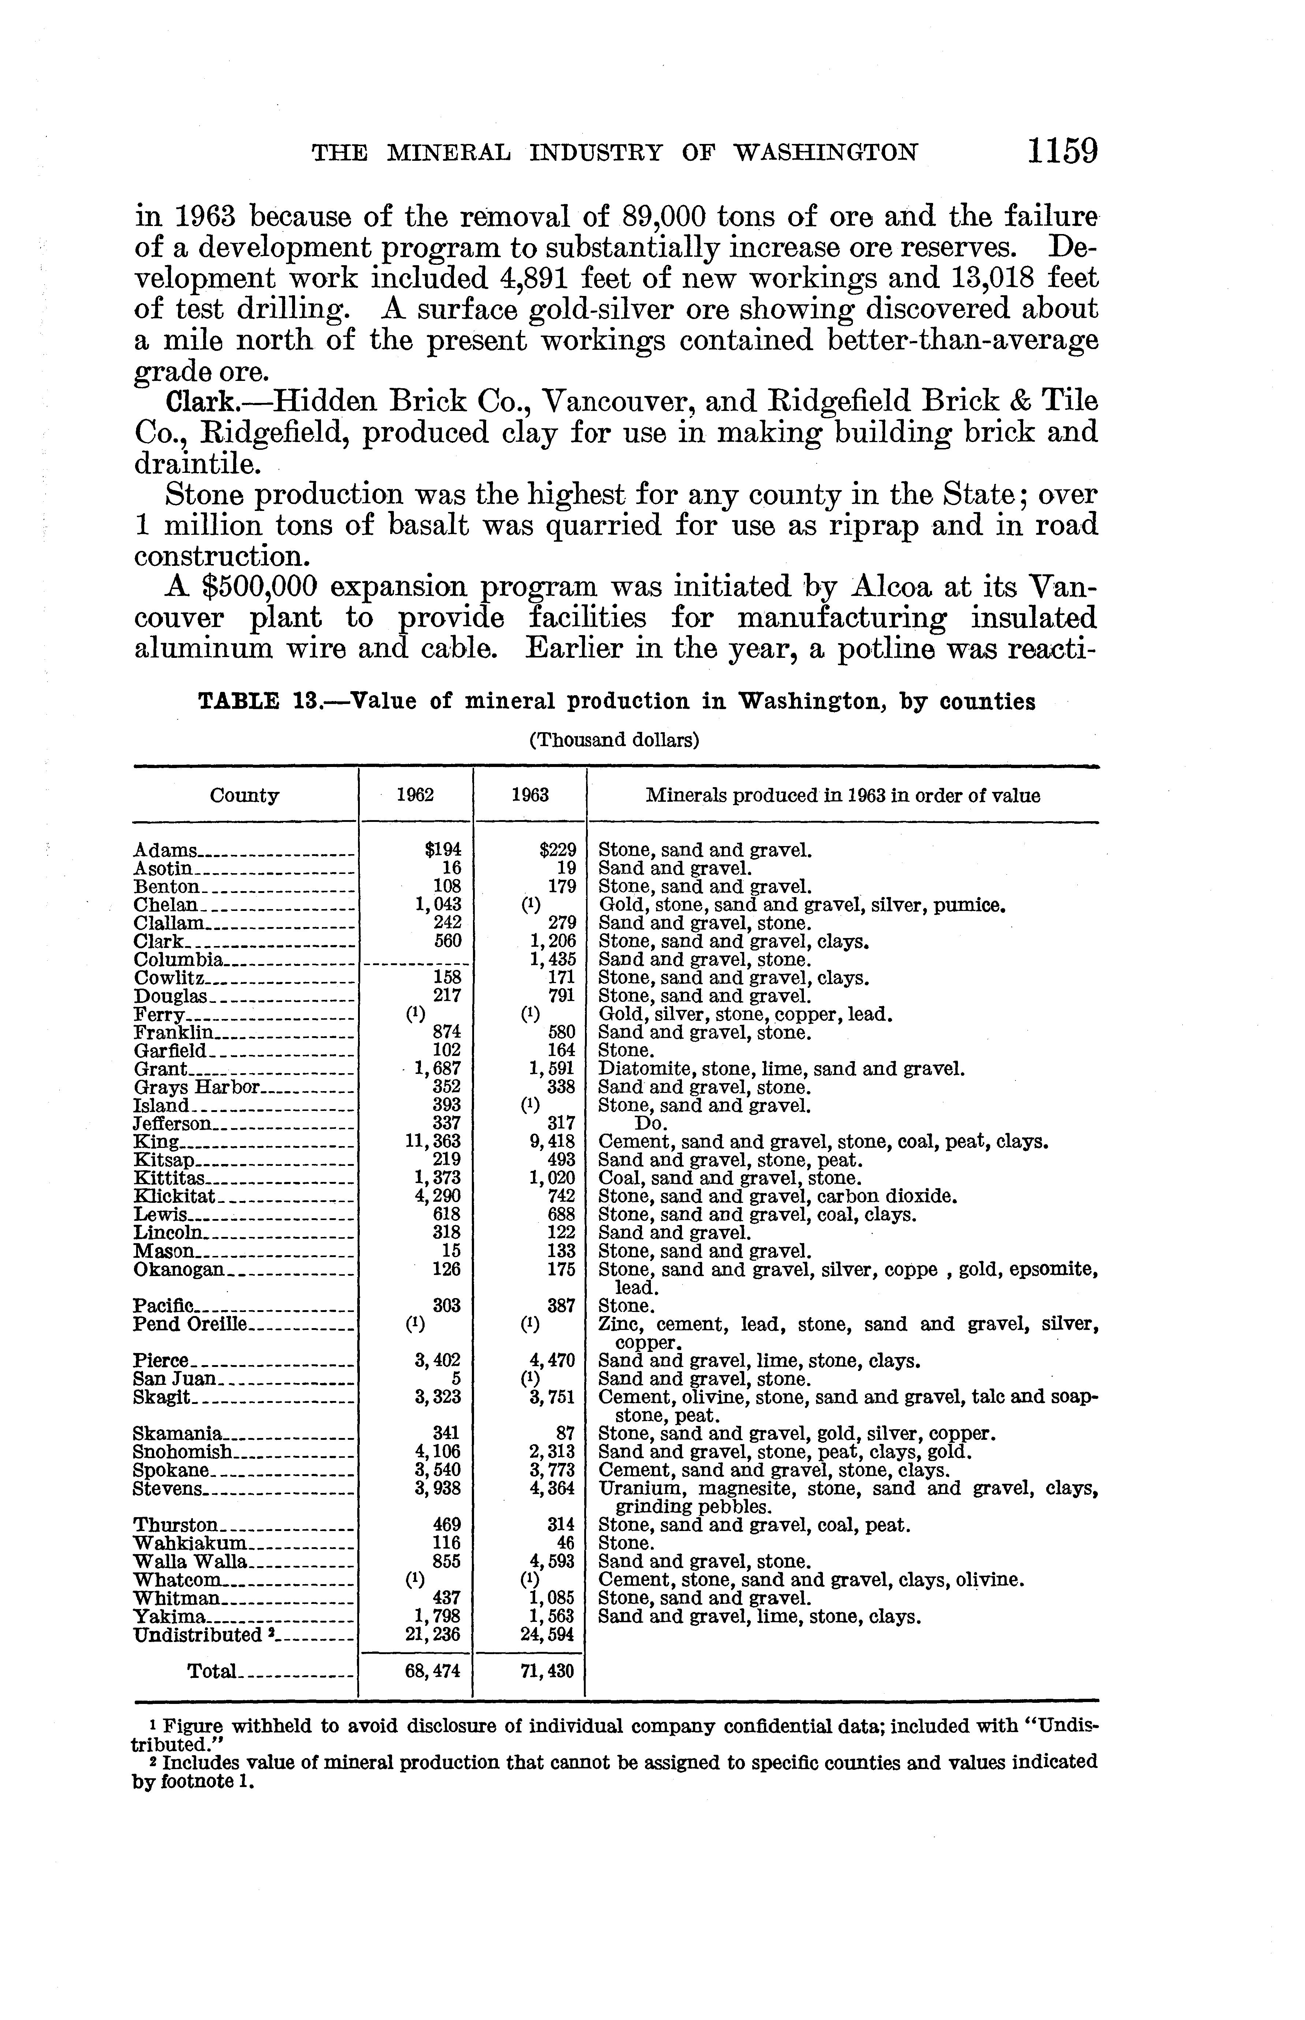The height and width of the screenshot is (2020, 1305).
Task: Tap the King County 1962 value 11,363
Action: click(x=434, y=1141)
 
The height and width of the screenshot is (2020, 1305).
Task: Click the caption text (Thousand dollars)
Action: click(x=614, y=740)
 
